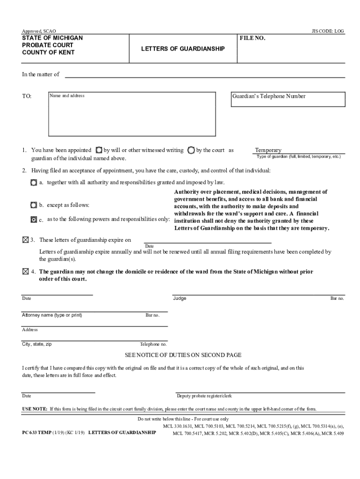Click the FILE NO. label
point(252,38)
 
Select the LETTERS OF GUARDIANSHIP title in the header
point(183,49)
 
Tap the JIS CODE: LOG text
point(327,31)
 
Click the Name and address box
point(132,114)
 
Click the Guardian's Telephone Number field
point(288,99)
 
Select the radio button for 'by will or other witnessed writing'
point(99,150)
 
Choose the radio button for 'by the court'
point(191,150)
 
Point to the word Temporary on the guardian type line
point(268,150)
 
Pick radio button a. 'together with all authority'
point(33,182)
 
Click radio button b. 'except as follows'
point(33,205)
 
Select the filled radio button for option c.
point(33,219)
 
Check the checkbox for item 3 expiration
point(25,240)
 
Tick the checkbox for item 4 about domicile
point(25,272)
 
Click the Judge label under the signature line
point(180,298)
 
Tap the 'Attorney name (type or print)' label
point(52,315)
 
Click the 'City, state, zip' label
point(37,344)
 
